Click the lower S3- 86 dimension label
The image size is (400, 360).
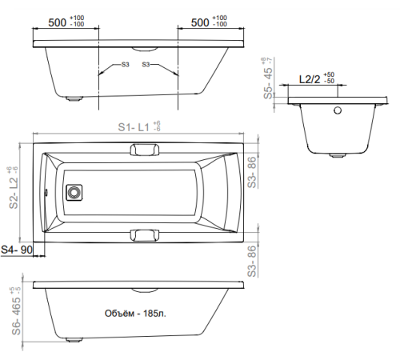(253, 259)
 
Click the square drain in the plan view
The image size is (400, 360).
(75, 193)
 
